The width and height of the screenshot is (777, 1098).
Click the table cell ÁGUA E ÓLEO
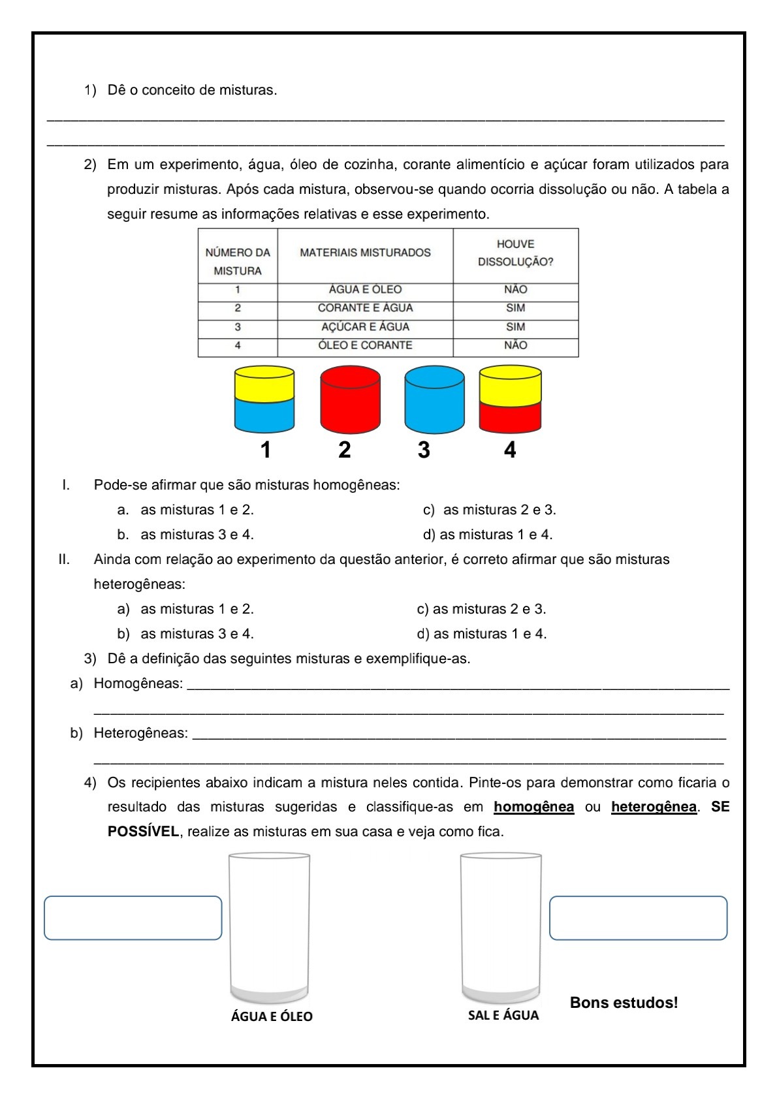(365, 290)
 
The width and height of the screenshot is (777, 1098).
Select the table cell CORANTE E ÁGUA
(365, 308)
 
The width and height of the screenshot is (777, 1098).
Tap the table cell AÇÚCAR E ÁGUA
(365, 327)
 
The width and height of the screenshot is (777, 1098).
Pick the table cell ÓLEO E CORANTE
(365, 345)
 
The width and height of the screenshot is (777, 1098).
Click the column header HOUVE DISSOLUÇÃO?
(515, 253)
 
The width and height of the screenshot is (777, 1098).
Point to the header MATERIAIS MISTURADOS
(365, 253)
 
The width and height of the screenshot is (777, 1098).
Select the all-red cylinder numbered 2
(350, 400)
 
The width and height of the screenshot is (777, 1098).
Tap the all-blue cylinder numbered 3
(434, 400)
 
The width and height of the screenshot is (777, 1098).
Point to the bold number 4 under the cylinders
(510, 450)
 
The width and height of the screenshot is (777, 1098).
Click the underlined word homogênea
(533, 807)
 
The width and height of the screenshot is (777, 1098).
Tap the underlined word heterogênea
(654, 807)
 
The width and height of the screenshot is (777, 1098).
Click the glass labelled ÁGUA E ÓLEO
(269, 927)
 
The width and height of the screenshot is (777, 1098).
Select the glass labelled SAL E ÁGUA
(501, 927)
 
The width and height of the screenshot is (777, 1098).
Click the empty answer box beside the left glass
(133, 918)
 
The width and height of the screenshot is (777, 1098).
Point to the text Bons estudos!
(624, 1003)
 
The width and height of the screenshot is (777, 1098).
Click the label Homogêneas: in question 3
(138, 683)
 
